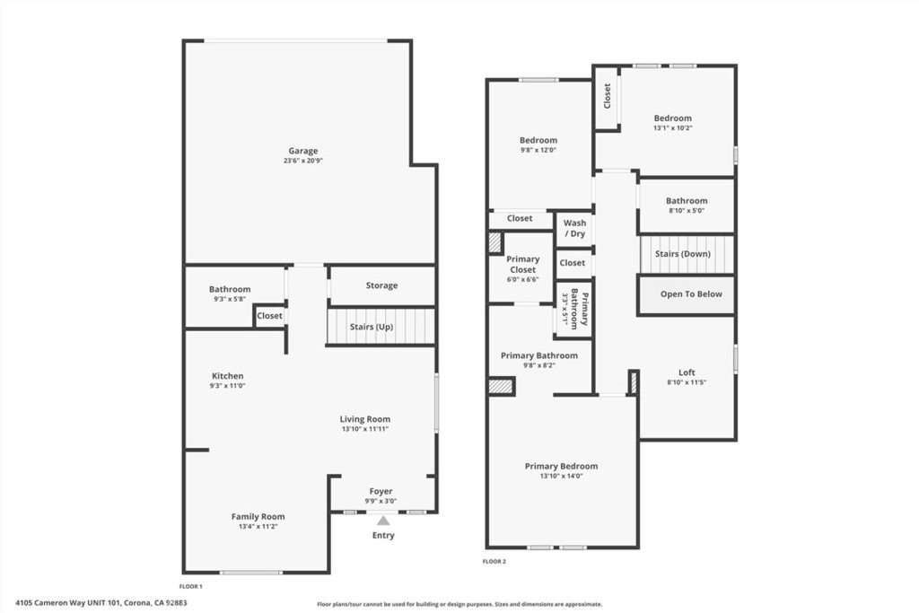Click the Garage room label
[x=303, y=151]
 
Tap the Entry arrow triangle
[x=383, y=521]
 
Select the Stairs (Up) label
[x=372, y=327]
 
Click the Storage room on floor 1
[x=382, y=285]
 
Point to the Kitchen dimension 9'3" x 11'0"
[x=227, y=386]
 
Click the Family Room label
[x=258, y=516]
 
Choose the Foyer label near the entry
[x=381, y=491]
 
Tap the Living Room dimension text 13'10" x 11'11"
[x=365, y=429]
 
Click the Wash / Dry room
[x=574, y=229]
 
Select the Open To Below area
[x=687, y=294]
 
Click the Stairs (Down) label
[x=683, y=254]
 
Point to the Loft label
[x=687, y=372]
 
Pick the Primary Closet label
[x=523, y=264]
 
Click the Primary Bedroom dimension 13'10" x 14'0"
[x=562, y=477]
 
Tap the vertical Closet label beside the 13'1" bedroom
[x=608, y=95]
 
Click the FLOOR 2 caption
[x=495, y=562]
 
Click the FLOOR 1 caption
[x=190, y=586]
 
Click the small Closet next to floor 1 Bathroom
[x=269, y=316]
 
